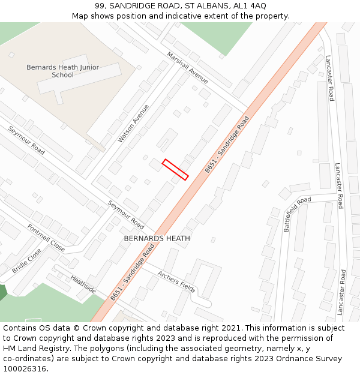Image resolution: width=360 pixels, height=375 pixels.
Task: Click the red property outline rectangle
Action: click(176, 169)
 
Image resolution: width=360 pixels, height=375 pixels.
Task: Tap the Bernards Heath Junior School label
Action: click(62, 71)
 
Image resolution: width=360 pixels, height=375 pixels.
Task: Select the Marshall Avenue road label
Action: click(188, 67)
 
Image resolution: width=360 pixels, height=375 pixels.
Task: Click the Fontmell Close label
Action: click(46, 238)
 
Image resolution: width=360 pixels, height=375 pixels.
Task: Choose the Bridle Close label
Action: click(26, 261)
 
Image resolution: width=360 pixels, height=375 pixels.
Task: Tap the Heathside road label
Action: click(83, 284)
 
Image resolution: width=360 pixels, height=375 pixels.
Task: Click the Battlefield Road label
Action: click(298, 214)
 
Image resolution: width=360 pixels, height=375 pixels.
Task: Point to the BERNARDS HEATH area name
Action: click(157, 238)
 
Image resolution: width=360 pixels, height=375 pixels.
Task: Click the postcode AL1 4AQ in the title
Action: click(250, 5)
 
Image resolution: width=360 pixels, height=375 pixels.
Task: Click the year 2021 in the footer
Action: click(231, 328)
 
